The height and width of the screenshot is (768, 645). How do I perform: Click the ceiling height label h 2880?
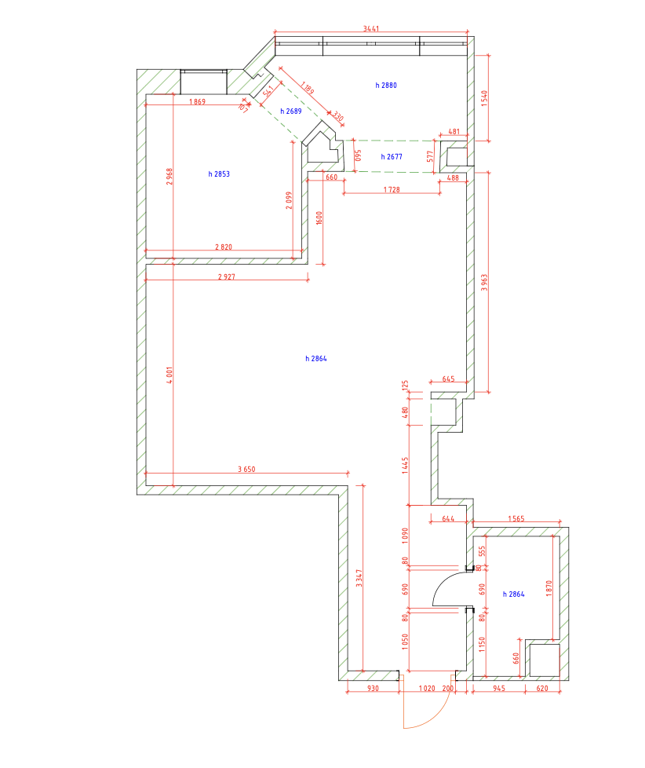(x=385, y=86)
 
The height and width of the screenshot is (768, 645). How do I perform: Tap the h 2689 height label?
(x=290, y=112)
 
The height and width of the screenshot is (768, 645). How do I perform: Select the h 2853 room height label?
(x=219, y=174)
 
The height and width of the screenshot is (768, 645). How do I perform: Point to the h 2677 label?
(x=392, y=157)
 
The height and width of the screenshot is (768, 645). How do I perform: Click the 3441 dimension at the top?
(x=371, y=28)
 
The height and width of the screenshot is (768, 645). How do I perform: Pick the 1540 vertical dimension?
(x=484, y=98)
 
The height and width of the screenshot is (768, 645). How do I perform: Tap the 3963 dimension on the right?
(x=484, y=282)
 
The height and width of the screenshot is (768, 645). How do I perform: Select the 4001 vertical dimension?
(x=169, y=375)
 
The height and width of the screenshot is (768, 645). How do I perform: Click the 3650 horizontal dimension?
(x=246, y=469)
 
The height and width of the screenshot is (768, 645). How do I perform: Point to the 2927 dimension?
(x=227, y=276)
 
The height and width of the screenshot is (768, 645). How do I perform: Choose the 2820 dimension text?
(x=223, y=247)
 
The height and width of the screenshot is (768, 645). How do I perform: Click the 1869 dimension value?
(x=197, y=102)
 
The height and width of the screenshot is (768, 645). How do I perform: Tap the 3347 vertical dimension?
(x=359, y=578)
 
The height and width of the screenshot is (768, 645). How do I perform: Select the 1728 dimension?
(x=392, y=189)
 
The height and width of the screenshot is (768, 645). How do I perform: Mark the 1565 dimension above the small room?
(x=516, y=519)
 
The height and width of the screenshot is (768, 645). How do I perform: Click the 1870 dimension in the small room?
(x=548, y=587)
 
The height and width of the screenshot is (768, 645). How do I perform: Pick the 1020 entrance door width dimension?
(x=427, y=688)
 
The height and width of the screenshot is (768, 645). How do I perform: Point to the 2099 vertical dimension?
(x=289, y=200)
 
